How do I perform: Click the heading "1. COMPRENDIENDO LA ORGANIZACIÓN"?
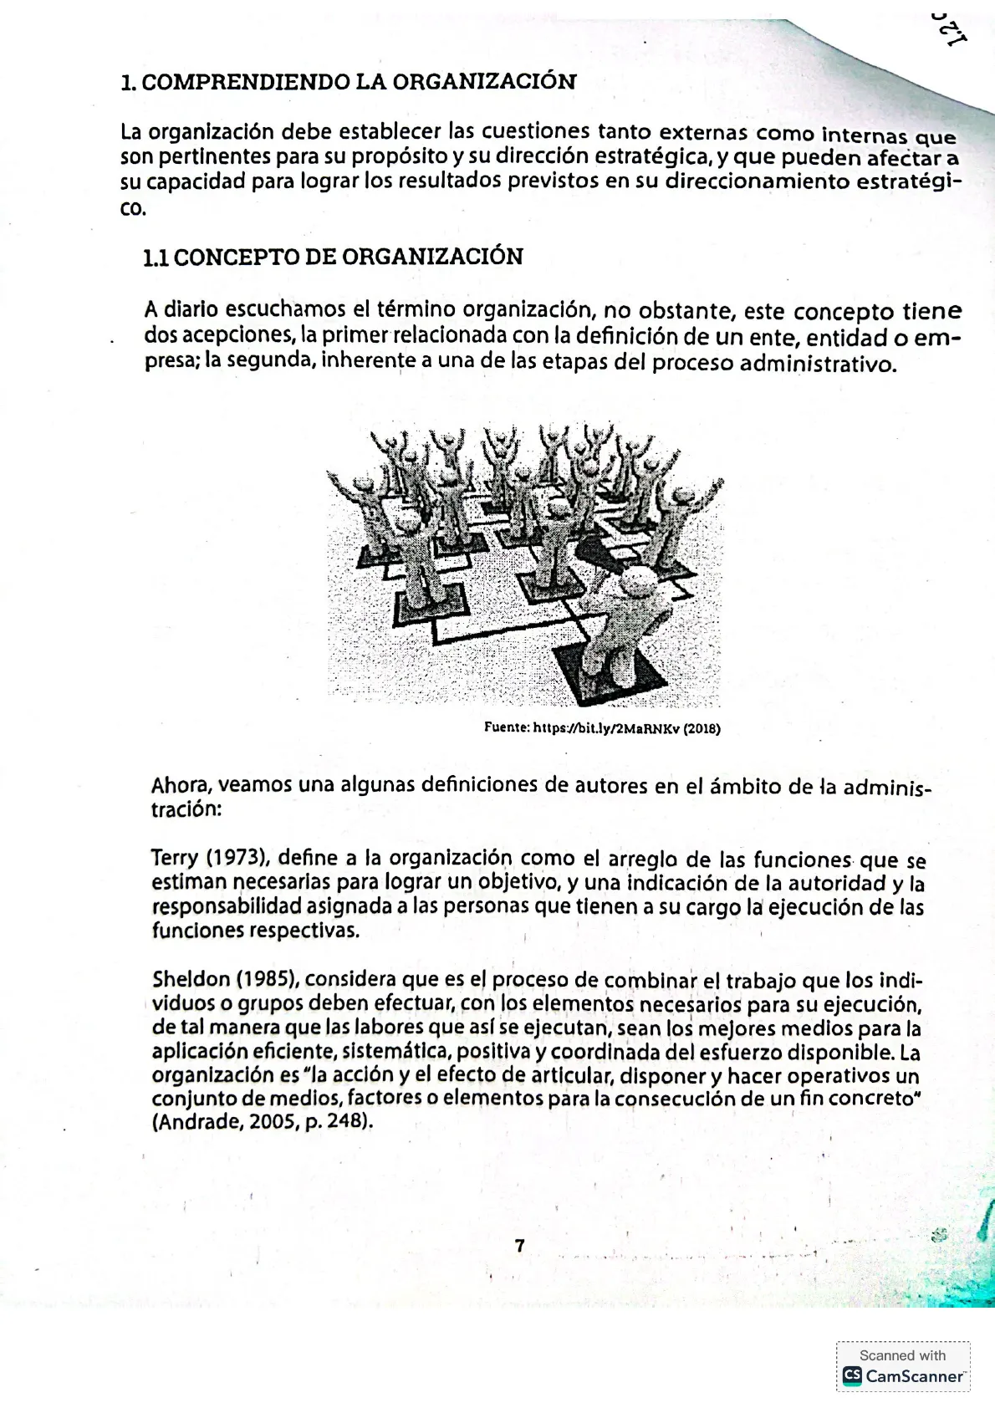click(x=349, y=82)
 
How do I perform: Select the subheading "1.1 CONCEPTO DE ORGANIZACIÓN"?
click(x=333, y=257)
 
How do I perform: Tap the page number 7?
click(x=520, y=1246)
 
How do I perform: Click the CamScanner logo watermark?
click(x=903, y=1376)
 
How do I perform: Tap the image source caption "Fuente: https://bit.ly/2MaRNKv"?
click(x=602, y=728)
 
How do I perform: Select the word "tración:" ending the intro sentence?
click(x=186, y=810)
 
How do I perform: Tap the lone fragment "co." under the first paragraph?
click(x=133, y=208)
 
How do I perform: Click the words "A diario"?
click(x=181, y=309)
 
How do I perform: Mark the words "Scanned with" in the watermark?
click(x=902, y=1355)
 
